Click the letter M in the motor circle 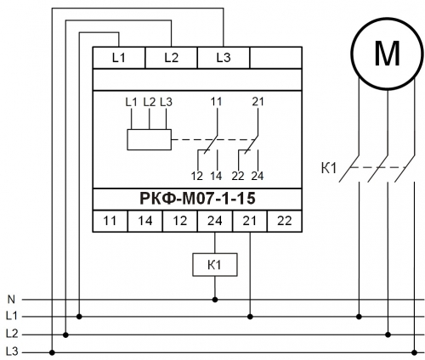pos(387,53)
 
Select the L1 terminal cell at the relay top pos(119,58)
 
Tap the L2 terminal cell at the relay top pos(171,58)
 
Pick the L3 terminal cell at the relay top pos(224,58)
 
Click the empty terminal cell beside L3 pos(275,58)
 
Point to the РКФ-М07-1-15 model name pos(197,199)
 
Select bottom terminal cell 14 pos(145,221)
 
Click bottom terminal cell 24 pos(215,221)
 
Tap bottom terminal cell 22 pos(285,221)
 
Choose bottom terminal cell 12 pos(180,221)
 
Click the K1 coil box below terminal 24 pos(215,265)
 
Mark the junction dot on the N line pos(215,300)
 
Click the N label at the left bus pos(11,299)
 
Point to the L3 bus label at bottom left pos(12,352)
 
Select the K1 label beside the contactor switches pos(329,168)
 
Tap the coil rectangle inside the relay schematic pos(149,139)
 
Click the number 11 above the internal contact pos(216,102)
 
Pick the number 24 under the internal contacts pos(258,177)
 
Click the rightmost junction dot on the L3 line pos(414,352)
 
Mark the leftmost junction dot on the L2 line pos(65,335)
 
